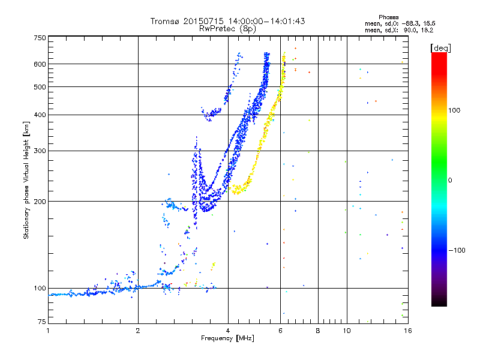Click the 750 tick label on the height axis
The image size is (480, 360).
[x=40, y=38]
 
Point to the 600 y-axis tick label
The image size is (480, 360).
[x=40, y=64]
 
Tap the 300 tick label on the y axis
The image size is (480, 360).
[x=40, y=151]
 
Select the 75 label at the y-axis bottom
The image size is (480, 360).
[x=42, y=322]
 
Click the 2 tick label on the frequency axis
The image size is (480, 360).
[x=138, y=331]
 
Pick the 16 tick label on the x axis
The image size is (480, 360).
[x=408, y=331]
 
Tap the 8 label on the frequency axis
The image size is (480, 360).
[x=318, y=331]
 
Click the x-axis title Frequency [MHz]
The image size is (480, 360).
[x=227, y=338]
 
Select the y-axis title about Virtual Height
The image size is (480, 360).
[x=26, y=181]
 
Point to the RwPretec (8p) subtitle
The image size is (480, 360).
[x=227, y=29]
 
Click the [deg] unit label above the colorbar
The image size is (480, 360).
[x=440, y=49]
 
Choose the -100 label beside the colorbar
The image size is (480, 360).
[x=457, y=250]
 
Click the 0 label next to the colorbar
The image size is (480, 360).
[x=450, y=181]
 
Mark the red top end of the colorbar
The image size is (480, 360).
[x=439, y=54]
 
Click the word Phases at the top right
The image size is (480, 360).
[x=389, y=17]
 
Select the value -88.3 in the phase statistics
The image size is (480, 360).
[x=410, y=23]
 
